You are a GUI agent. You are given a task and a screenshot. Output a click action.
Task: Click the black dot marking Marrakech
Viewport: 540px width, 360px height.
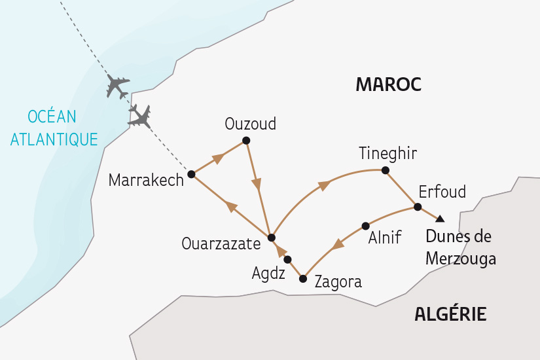point(191,175)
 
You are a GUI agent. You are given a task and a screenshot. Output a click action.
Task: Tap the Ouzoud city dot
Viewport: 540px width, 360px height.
point(246,141)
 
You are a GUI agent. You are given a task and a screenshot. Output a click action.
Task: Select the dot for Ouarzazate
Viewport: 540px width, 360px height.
point(272,237)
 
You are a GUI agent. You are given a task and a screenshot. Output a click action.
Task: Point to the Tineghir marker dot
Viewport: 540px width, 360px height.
point(386,171)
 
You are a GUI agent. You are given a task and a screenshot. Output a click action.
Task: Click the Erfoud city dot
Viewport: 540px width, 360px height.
point(417,207)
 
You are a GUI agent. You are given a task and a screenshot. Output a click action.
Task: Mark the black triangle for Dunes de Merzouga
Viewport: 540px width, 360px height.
point(441,219)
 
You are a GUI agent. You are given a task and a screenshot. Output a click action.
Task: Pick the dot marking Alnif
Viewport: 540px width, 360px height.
point(365,226)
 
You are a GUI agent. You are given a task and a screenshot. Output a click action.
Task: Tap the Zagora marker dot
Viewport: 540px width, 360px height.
point(302,279)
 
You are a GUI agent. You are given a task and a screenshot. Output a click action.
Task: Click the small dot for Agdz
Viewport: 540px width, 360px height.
point(287,259)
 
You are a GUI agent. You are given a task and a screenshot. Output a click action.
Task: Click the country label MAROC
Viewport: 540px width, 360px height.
point(387,84)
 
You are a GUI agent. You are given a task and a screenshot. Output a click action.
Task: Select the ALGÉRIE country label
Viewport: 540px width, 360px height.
point(450,314)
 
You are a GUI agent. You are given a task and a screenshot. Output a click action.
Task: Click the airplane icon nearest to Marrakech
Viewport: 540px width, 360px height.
point(140,117)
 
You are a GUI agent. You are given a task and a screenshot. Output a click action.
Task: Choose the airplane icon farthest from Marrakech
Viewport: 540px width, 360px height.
point(118,86)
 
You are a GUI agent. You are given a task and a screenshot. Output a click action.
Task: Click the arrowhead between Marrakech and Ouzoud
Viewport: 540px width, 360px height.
point(219,158)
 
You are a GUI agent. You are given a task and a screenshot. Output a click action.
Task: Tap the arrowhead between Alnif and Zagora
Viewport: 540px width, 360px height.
point(337,245)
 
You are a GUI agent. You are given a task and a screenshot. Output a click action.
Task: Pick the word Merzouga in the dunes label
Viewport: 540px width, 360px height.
point(460,259)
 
